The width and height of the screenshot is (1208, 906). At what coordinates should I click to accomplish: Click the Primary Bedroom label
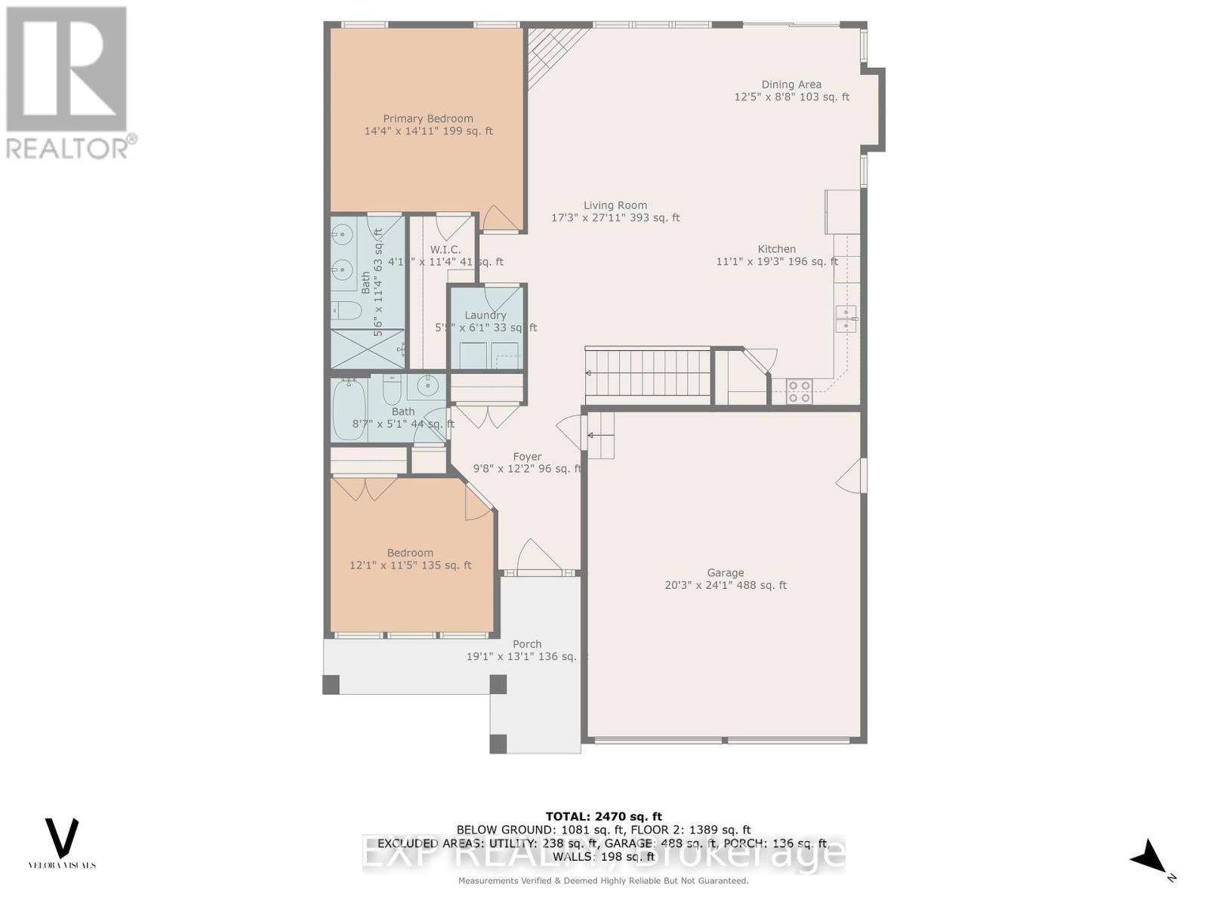point(428,119)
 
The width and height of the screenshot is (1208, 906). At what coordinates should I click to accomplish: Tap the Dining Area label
point(791,85)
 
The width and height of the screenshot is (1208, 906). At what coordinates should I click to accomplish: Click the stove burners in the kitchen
point(799,392)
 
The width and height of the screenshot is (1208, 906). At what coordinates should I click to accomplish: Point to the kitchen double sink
point(846,319)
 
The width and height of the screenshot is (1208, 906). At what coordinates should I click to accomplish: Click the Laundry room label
point(485,316)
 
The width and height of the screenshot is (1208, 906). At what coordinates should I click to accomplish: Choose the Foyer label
point(527,457)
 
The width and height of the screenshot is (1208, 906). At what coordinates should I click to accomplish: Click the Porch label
point(527,644)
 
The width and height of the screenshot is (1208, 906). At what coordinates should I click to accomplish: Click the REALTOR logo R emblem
point(66,69)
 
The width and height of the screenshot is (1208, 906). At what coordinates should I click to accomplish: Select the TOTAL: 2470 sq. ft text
point(603,816)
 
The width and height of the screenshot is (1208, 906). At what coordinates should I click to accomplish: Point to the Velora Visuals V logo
point(62,838)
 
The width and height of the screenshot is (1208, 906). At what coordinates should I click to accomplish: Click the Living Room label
point(615,205)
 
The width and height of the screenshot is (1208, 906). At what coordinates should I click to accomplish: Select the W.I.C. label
point(445,250)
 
